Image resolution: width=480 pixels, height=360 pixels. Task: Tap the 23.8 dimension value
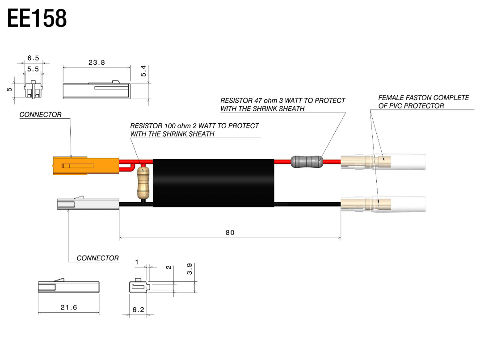click(97, 63)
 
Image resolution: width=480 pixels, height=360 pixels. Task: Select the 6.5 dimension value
click(33, 58)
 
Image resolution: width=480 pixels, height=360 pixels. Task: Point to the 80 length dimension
click(230, 232)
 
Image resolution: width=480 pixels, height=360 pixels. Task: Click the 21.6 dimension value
click(68, 307)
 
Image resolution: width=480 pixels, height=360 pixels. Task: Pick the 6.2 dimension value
click(138, 310)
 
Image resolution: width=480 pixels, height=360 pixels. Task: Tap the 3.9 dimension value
click(189, 269)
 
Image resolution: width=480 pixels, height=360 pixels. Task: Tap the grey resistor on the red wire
click(307, 161)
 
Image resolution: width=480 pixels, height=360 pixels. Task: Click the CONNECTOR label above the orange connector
click(40, 115)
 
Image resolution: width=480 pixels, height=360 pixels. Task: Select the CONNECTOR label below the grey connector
click(97, 258)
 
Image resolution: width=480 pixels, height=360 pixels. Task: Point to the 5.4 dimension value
click(143, 71)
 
